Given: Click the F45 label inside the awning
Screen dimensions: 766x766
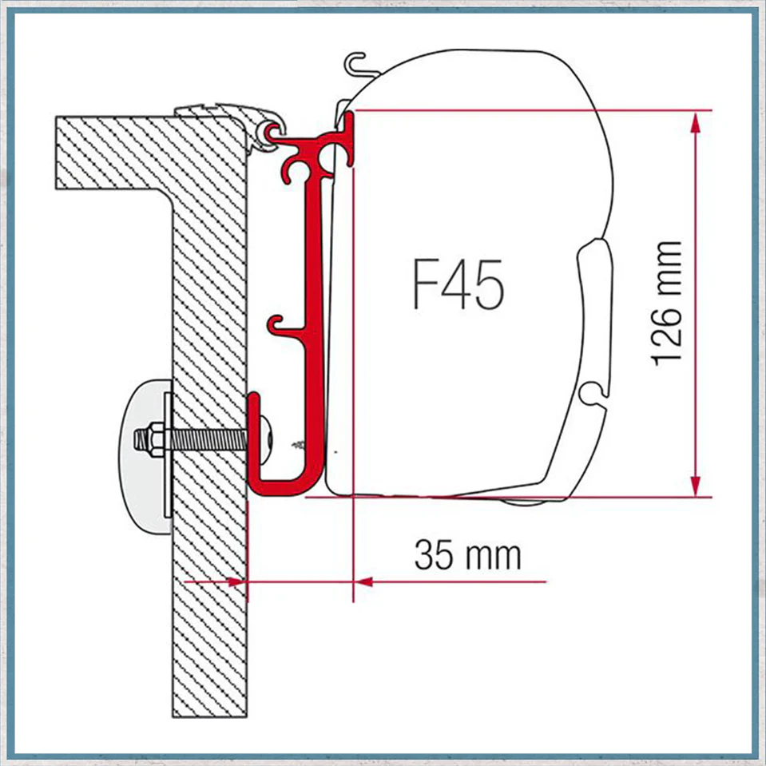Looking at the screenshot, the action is point(458,284).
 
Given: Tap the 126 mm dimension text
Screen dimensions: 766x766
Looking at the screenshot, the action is point(666,304).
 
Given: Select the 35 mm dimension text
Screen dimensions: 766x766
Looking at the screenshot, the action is point(467,555).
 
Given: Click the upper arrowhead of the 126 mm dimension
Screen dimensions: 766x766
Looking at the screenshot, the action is point(697,121).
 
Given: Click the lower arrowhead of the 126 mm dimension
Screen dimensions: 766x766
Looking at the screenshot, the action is point(697,486).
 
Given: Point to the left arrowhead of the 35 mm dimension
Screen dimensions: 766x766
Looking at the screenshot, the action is point(238,581).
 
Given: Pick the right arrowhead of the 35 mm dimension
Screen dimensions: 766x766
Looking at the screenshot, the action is point(363,581).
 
